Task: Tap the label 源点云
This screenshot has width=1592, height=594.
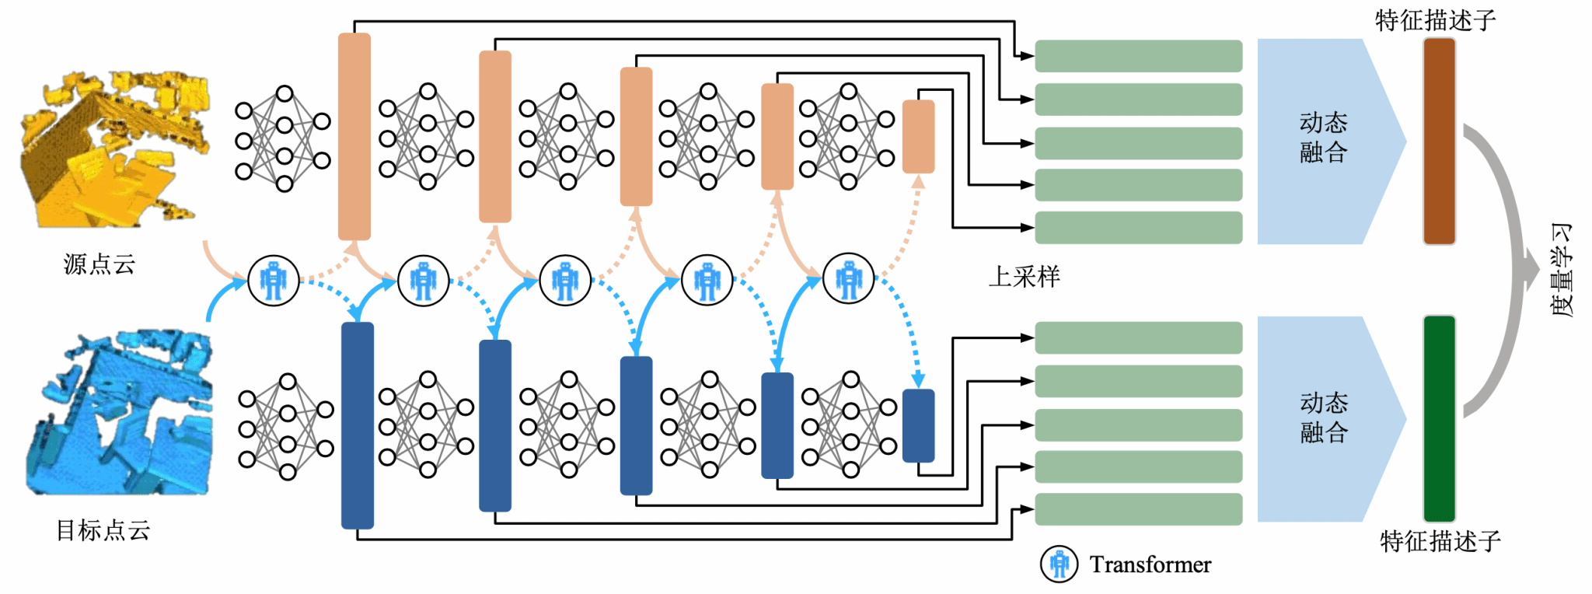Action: click(x=99, y=265)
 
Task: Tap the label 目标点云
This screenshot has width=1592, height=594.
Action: click(x=103, y=530)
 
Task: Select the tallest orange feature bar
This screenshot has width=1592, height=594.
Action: click(x=354, y=136)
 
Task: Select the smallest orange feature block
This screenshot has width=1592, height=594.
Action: click(x=918, y=137)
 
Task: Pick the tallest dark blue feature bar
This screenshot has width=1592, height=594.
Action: click(x=358, y=425)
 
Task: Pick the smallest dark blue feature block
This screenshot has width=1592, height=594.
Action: click(x=918, y=426)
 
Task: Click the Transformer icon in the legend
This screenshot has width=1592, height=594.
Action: click(x=1059, y=564)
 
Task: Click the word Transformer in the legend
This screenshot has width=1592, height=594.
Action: click(x=1150, y=564)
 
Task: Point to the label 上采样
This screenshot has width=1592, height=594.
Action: click(x=1024, y=277)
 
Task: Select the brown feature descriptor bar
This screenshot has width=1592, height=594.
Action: click(x=1439, y=142)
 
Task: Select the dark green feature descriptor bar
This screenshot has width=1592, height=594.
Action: click(x=1439, y=418)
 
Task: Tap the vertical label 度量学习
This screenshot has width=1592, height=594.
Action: click(x=1561, y=270)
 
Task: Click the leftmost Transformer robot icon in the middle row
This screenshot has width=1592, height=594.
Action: click(x=273, y=281)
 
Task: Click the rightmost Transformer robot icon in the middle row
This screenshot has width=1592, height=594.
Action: click(x=848, y=278)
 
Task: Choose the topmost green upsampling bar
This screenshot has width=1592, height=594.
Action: click(x=1138, y=56)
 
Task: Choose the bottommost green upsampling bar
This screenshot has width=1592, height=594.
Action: click(x=1138, y=509)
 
